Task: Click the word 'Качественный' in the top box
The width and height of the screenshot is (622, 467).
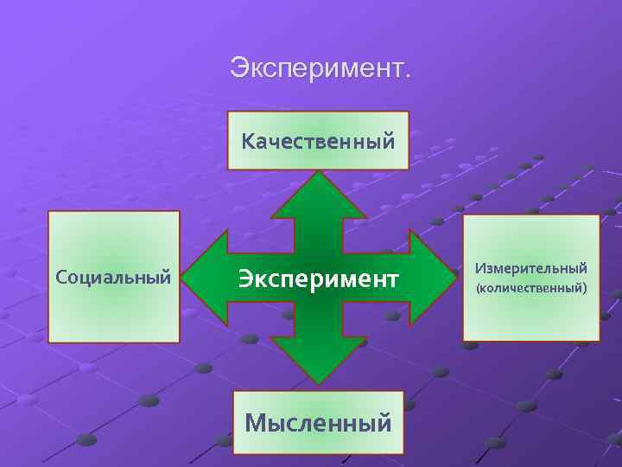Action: [318, 140]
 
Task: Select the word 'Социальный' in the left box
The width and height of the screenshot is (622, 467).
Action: [113, 278]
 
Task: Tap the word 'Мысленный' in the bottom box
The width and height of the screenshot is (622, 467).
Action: [318, 423]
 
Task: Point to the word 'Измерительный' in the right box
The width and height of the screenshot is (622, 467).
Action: [530, 269]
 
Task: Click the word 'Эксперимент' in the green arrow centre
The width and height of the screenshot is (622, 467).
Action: [318, 278]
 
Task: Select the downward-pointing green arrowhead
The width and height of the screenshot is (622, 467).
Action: [320, 363]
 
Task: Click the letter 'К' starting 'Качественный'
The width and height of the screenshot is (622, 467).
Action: [248, 140]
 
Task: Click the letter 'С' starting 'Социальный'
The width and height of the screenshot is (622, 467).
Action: [60, 278]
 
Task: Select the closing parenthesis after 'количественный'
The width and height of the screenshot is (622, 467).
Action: [585, 287]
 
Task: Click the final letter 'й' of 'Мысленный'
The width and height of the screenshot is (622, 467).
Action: [384, 422]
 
